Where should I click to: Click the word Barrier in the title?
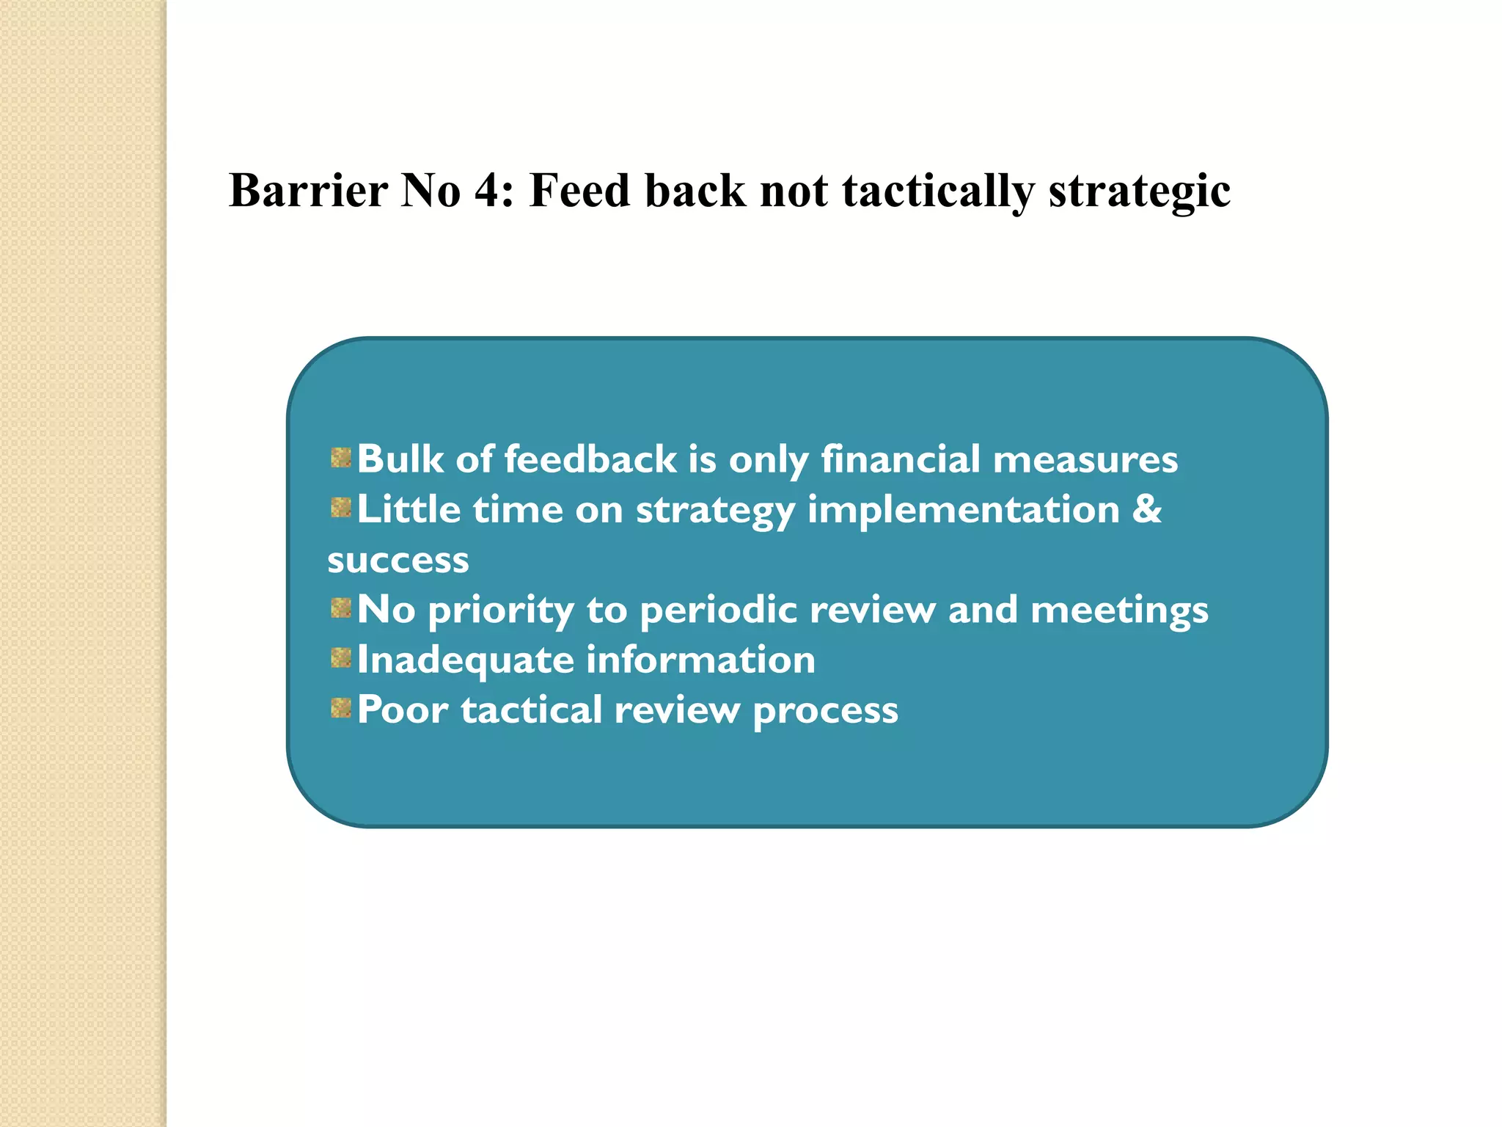coord(308,191)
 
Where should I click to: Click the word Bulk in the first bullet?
coord(400,459)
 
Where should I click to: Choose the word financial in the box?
coord(900,459)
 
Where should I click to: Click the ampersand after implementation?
coord(1147,508)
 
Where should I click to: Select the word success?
coord(398,561)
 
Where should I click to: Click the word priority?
coord(501,611)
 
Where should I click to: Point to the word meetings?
coord(1119,611)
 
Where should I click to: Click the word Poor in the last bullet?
coord(403,710)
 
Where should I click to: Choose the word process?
coord(825,711)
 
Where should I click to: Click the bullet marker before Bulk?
coord(340,459)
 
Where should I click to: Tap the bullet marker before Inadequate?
coord(340,658)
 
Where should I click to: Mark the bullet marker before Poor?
coord(340,708)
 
